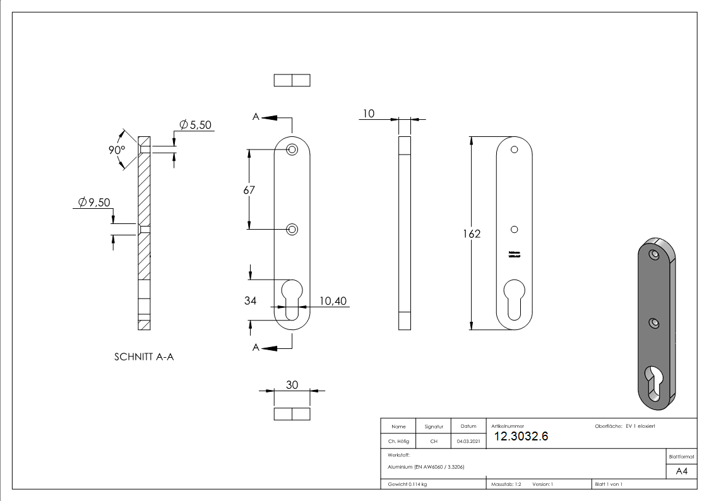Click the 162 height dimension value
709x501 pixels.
click(472, 234)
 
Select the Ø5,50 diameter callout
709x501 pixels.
click(195, 125)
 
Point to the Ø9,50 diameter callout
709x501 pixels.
click(94, 203)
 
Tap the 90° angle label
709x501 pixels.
click(117, 151)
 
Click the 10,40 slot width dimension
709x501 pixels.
click(333, 301)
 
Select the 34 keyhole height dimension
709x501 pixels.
click(250, 301)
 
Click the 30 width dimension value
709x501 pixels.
click(292, 385)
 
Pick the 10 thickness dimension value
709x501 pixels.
click(369, 114)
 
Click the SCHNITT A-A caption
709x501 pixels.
click(144, 357)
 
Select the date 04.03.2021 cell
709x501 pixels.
click(468, 442)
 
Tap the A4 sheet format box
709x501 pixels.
click(681, 471)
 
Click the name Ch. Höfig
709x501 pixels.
click(398, 442)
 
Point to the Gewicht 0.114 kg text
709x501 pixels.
click(407, 485)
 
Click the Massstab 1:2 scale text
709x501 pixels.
click(506, 485)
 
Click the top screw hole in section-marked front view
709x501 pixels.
click(292, 150)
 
